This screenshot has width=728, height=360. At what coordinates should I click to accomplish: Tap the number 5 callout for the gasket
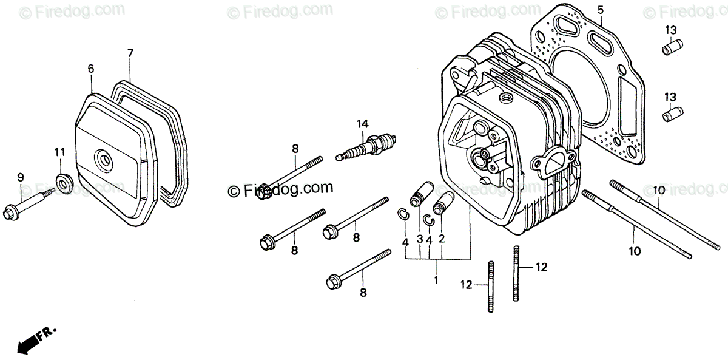pyautogui.click(x=601, y=10)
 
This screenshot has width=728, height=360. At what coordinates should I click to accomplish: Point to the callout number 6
pyautogui.click(x=91, y=69)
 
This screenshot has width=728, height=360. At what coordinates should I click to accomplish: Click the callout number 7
pyautogui.click(x=130, y=53)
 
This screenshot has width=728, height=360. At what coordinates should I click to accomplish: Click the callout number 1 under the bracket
pyautogui.click(x=436, y=280)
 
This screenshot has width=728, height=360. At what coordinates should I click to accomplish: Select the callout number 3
pyautogui.click(x=419, y=239)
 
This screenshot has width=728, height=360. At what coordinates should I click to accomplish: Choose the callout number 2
pyautogui.click(x=442, y=239)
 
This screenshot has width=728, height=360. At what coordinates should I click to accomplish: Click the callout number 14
pyautogui.click(x=363, y=124)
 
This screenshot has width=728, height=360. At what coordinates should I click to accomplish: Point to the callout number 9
pyautogui.click(x=20, y=177)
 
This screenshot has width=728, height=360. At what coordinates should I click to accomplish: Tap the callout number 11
pyautogui.click(x=59, y=151)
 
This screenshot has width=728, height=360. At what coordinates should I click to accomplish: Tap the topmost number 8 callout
pyautogui.click(x=295, y=148)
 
